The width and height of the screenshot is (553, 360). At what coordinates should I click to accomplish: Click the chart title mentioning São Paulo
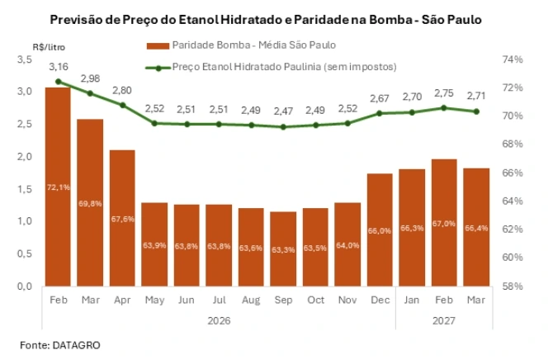click(277, 17)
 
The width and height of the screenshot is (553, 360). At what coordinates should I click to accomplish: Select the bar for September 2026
click(283, 249)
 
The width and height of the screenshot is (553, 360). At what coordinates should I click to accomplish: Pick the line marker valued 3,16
click(59, 82)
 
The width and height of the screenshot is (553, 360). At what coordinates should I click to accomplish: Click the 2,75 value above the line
click(444, 93)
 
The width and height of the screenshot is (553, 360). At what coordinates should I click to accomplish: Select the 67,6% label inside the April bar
click(122, 219)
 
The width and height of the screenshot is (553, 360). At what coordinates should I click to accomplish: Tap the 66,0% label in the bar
click(380, 231)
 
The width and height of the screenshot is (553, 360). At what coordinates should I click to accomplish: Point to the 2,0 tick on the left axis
click(26, 157)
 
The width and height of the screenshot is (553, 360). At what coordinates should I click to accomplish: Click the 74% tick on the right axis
click(512, 59)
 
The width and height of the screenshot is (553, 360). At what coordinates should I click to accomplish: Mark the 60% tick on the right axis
click(512, 258)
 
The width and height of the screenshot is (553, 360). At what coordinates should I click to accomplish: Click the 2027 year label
click(444, 320)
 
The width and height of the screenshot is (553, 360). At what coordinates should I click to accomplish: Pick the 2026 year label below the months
click(219, 320)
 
